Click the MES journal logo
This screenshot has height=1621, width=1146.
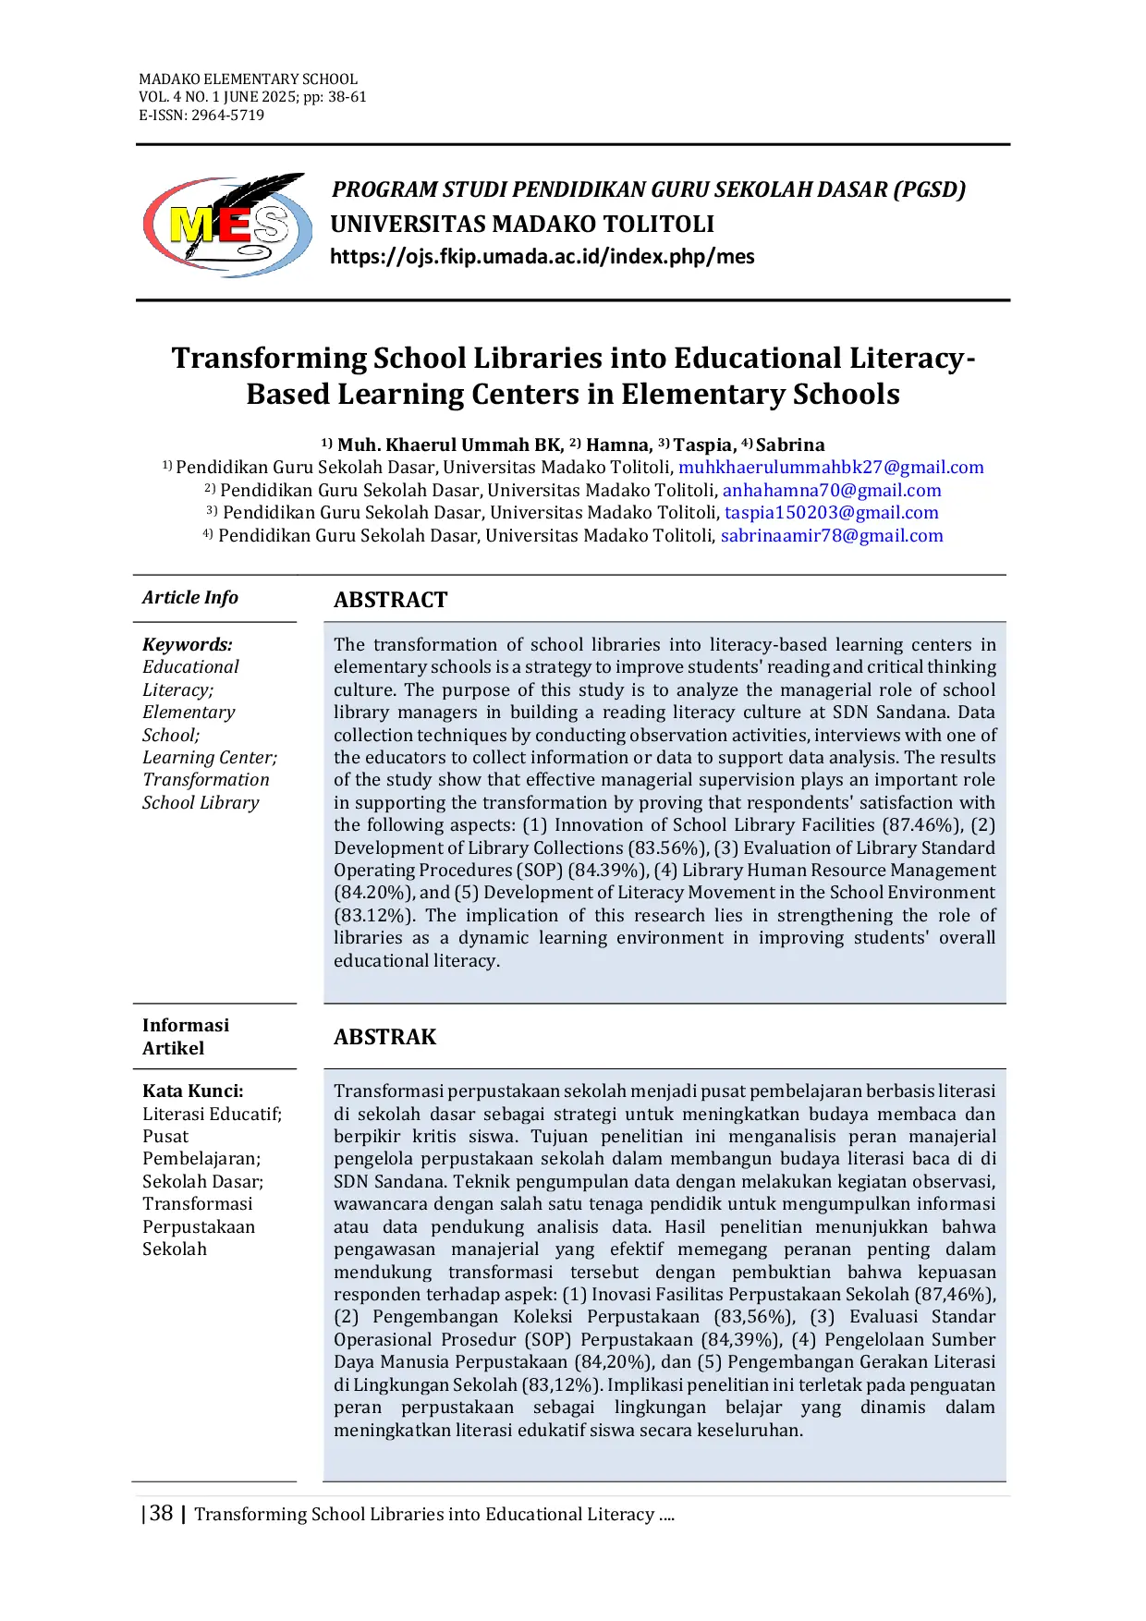[x=227, y=225]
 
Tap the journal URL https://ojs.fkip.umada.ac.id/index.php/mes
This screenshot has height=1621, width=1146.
[x=542, y=257]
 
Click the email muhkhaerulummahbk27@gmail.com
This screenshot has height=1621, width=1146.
[x=831, y=468]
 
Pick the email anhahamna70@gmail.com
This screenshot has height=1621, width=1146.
[x=831, y=491]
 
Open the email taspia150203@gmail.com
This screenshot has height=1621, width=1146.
[x=831, y=513]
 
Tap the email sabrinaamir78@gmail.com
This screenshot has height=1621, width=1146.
[x=831, y=536]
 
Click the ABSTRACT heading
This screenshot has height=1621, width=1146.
[x=390, y=600]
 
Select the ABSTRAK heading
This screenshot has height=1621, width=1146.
[x=384, y=1037]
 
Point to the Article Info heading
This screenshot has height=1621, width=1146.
[x=190, y=598]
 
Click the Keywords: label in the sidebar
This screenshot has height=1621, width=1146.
[x=188, y=644]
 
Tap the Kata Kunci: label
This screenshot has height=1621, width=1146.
[x=193, y=1091]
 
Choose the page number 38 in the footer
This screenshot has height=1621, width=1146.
[x=161, y=1514]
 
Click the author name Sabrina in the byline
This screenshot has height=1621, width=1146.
[x=790, y=445]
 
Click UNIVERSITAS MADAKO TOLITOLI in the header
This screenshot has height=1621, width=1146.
[x=522, y=225]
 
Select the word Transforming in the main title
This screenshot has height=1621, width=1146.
[x=269, y=359]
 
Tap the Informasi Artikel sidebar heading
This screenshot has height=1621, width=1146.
[x=186, y=1037]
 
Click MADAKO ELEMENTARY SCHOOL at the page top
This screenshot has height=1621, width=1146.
[x=248, y=79]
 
